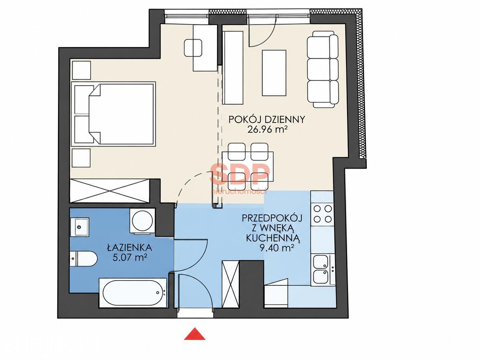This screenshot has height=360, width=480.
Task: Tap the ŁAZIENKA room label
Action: pos(130,248)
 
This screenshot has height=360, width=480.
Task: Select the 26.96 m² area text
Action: pos(267,130)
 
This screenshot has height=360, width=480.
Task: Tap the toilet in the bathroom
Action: pos(84,259)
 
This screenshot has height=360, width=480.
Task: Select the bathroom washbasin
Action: pos(80,227)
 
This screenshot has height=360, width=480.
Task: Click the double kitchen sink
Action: pos(323,270)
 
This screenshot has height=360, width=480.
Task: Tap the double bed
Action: pos(113,114)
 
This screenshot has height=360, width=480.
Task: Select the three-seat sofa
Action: pos(322,69)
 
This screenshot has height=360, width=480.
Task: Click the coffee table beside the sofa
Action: pos(274,73)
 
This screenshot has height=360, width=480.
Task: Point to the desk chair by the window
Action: pos(193,48)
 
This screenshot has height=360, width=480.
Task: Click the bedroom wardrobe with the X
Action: pos(110,191)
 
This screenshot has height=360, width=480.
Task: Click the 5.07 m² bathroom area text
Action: pos(130,258)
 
